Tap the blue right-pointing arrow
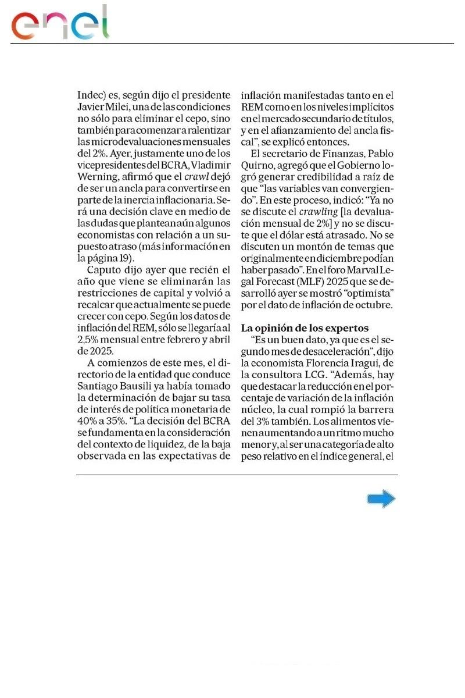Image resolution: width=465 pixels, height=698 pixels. [381, 499]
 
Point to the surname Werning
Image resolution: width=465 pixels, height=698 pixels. [95, 178]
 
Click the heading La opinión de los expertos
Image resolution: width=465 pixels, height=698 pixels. [305, 327]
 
